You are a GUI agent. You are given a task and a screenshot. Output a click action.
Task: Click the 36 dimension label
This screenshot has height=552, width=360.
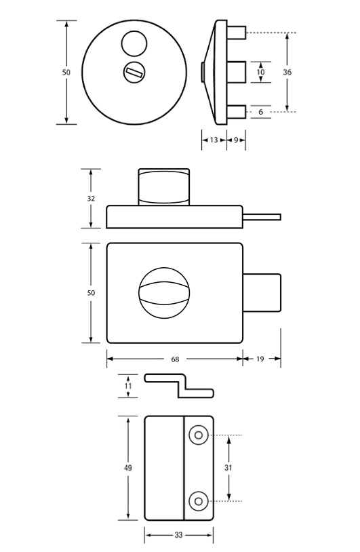click(x=287, y=72)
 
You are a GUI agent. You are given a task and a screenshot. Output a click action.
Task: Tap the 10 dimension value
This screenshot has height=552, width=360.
click(x=261, y=72)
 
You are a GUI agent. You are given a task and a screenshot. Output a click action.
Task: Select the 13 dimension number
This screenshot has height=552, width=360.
click(x=214, y=140)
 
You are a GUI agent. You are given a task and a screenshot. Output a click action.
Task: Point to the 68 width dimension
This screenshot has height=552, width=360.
click(x=175, y=359)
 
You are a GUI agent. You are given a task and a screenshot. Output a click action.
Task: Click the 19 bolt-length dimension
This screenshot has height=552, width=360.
click(x=260, y=359)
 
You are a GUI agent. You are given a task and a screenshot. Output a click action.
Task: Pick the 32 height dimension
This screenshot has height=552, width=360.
click(x=91, y=199)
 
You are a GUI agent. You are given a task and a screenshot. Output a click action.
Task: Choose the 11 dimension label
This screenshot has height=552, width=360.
click(x=128, y=386)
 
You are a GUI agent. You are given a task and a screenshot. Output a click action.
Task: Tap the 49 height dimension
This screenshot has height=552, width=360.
click(x=128, y=468)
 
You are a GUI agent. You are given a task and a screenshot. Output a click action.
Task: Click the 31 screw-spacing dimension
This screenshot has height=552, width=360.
click(x=228, y=468)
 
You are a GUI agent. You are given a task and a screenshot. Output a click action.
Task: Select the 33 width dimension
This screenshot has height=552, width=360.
click(x=178, y=535)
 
